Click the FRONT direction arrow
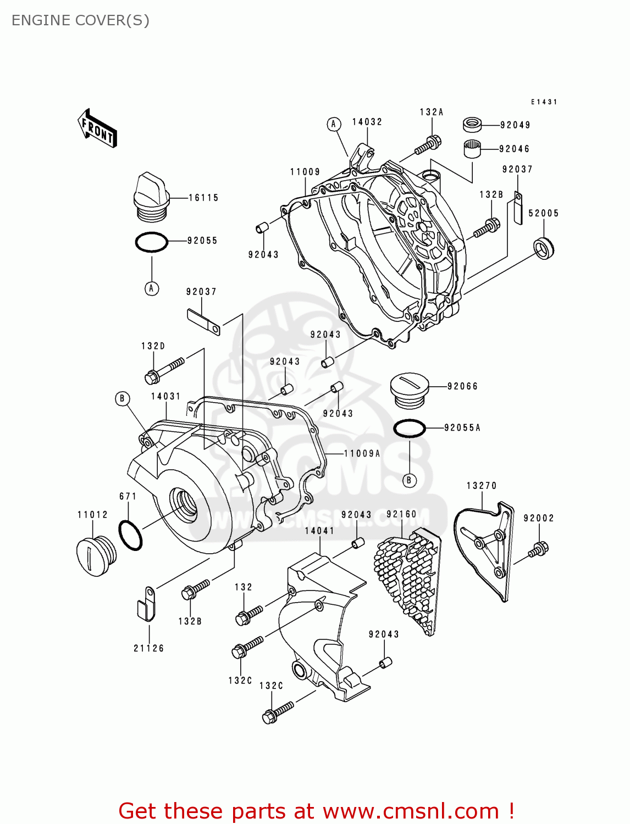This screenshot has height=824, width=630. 97,129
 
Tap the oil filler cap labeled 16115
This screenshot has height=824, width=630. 151,197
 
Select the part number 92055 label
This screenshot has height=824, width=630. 202,241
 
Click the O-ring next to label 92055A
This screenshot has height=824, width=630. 410,428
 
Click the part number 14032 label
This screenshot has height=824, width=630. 367,122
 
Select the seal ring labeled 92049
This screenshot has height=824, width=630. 472,124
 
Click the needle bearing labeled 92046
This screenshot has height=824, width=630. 472,149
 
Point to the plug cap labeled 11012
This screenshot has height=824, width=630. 96,556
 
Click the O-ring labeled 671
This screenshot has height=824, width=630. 130,535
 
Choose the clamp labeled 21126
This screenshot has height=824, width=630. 146,604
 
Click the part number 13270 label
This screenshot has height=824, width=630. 482,486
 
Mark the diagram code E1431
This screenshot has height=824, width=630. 544,102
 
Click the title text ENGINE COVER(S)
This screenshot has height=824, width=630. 80,20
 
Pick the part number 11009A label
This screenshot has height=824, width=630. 362,453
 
